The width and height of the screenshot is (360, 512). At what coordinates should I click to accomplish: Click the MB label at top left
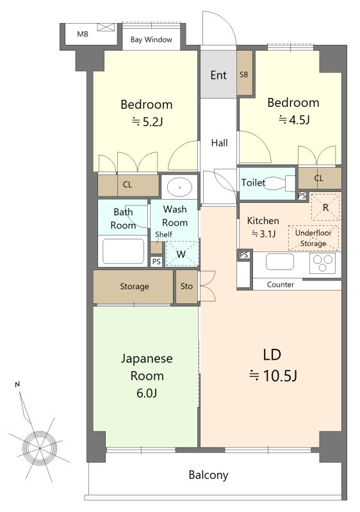[x=83, y=34]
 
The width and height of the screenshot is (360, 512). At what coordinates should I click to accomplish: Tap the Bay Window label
[x=151, y=40]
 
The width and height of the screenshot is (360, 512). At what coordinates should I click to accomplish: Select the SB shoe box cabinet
[x=244, y=72]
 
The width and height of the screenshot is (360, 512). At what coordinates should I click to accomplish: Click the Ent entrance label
[x=218, y=75]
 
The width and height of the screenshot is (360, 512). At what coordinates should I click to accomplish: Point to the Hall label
[x=219, y=143]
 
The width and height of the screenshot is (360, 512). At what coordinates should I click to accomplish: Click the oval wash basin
[x=179, y=188]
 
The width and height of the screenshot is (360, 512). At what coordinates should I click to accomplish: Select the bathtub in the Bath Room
[x=123, y=250]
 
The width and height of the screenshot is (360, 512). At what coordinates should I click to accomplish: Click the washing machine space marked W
[x=182, y=253]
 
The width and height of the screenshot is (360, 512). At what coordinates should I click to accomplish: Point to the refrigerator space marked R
[x=325, y=207]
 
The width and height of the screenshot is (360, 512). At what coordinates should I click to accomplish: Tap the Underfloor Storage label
[x=313, y=238]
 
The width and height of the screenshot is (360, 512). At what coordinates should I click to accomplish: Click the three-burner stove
[x=323, y=263]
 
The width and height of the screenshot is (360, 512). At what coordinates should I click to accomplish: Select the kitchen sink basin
[x=280, y=262]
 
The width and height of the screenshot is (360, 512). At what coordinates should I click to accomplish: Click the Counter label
[x=281, y=284]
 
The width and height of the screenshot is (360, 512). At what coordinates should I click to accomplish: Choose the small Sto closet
[x=186, y=286]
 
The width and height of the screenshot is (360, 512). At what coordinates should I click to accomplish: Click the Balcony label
[x=208, y=475]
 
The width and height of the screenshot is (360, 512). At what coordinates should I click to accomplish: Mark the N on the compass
[x=17, y=385]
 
